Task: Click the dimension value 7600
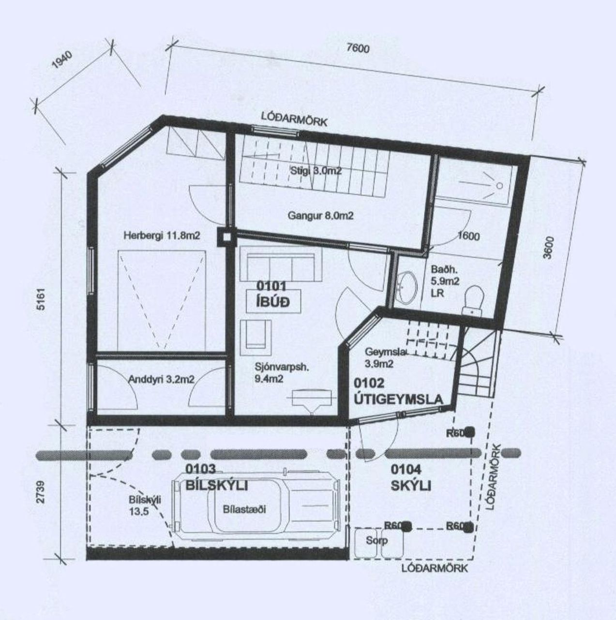[358, 48]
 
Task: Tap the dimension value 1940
[61, 61]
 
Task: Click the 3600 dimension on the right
[547, 248]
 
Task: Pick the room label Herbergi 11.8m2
[162, 235]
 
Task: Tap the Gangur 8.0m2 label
[320, 216]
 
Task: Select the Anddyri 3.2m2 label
[161, 379]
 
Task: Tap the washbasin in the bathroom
[409, 284]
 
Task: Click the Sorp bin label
[376, 541]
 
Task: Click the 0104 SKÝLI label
[410, 478]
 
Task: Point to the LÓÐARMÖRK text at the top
[294, 119]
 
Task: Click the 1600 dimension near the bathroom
[468, 236]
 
